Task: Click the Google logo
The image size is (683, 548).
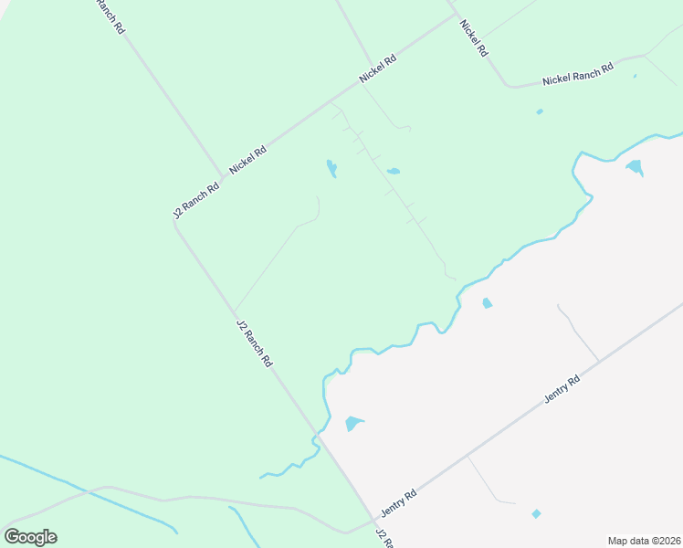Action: [30, 536]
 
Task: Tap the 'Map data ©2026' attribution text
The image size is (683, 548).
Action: [644, 541]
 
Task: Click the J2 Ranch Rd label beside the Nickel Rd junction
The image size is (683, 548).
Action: [196, 201]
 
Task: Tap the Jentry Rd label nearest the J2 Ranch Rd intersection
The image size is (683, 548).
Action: [400, 499]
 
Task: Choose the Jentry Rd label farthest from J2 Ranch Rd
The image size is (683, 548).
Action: [562, 390]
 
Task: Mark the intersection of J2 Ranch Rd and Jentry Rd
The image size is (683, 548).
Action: [374, 519]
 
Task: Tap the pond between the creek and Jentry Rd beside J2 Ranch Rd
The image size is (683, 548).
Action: [353, 424]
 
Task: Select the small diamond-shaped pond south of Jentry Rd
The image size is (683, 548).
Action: [536, 514]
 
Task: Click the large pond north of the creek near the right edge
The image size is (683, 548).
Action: [634, 167]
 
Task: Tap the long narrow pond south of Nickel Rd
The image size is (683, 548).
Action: [331, 169]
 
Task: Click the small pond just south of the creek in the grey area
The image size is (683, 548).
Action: [487, 303]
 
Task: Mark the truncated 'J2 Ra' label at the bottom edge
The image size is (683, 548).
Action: [385, 539]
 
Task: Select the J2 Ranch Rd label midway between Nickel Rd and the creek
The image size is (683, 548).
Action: [255, 342]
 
